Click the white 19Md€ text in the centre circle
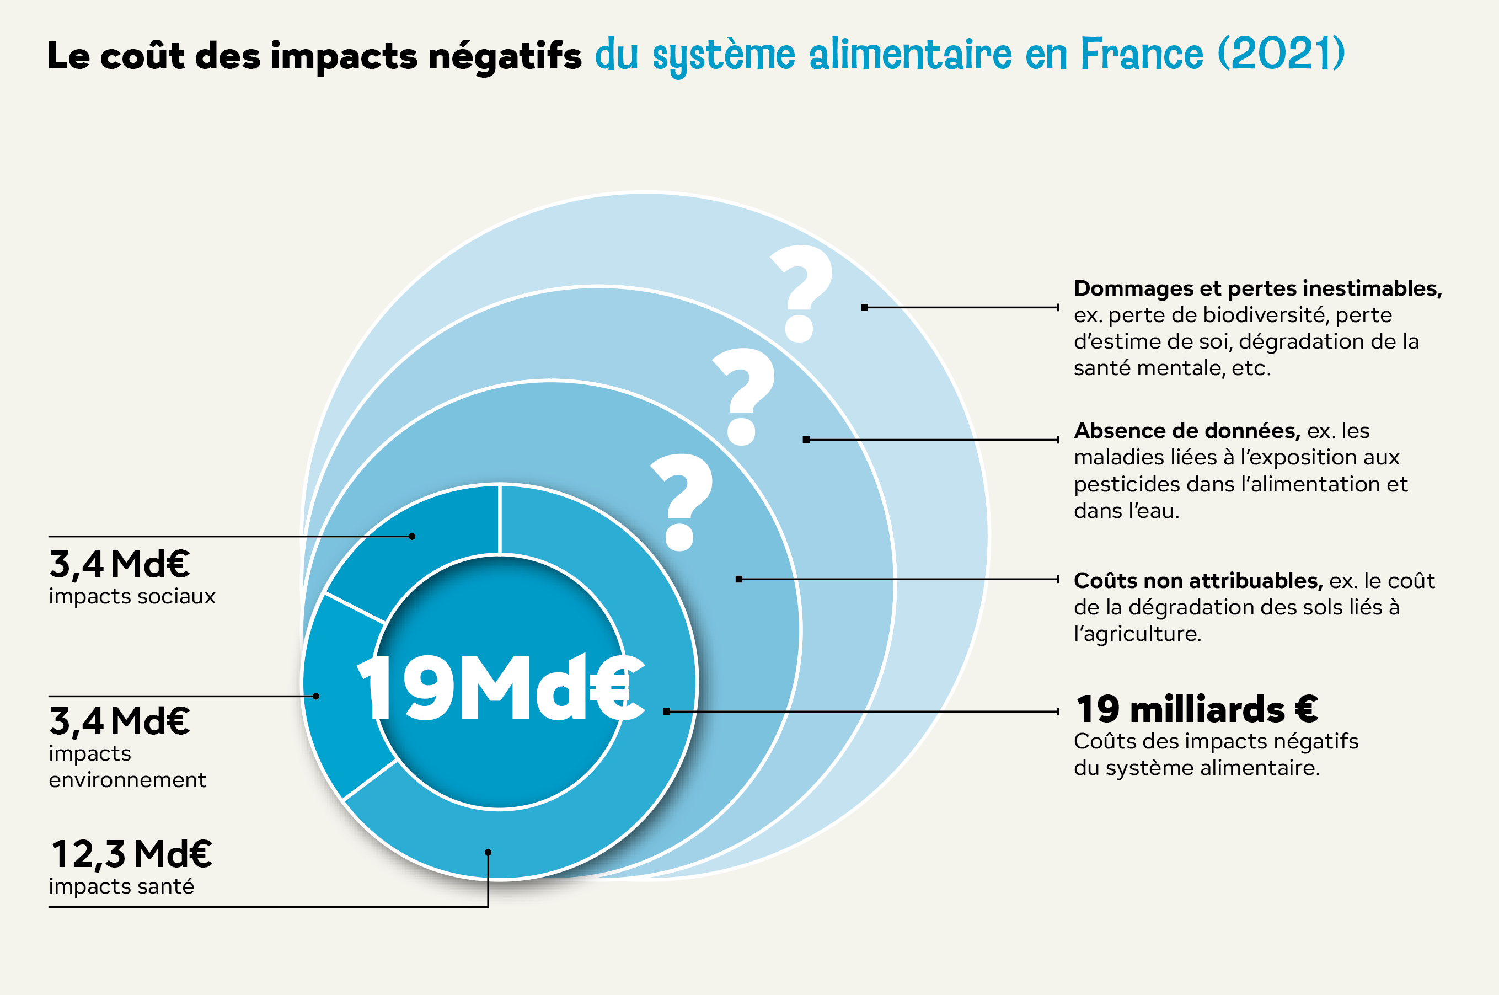(501, 688)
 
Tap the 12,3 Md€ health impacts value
(131, 854)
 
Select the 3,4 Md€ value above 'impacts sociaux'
(119, 564)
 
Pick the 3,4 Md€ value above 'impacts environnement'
(119, 721)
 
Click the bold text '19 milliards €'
(1197, 709)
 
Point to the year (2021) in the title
(1281, 54)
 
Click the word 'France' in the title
(1141, 54)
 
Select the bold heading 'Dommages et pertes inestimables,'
(1258, 288)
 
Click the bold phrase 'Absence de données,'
(1187, 431)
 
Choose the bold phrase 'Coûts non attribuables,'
(1198, 581)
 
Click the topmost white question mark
(801, 293)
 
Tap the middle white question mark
(743, 396)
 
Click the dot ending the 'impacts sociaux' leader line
(413, 537)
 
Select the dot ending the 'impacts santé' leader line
(488, 853)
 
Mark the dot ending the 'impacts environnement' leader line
(316, 696)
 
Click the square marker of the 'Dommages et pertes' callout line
(865, 308)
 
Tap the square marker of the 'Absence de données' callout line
(806, 440)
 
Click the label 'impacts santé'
(122, 886)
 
